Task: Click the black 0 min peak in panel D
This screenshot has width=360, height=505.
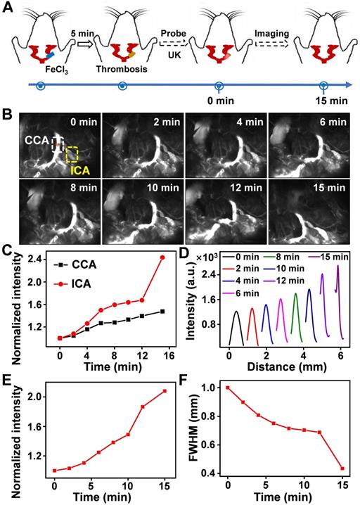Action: tap(237, 311)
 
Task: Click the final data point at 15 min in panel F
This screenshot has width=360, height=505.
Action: tap(342, 468)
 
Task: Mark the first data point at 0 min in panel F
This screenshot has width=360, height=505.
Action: tap(228, 388)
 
